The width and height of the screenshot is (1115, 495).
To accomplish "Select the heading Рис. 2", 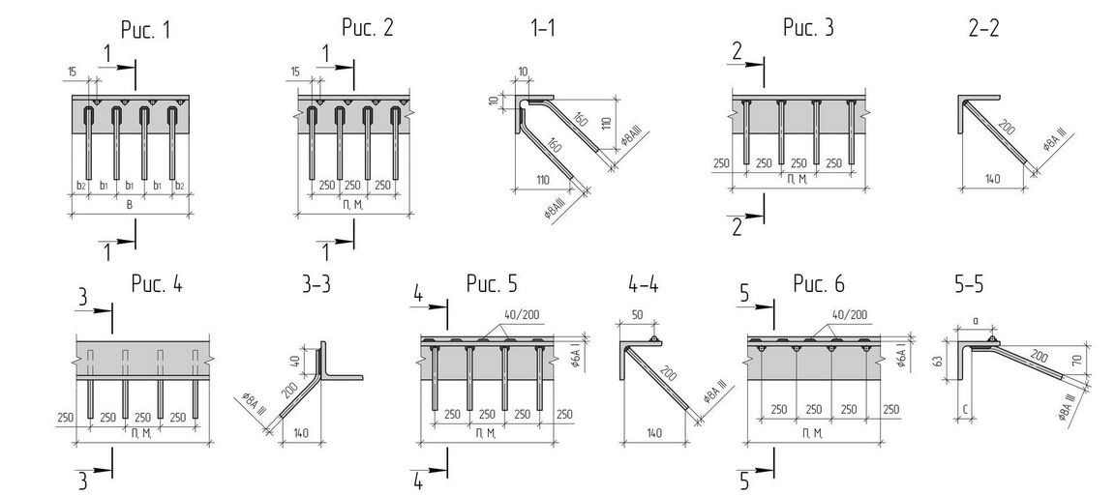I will [x=367, y=28].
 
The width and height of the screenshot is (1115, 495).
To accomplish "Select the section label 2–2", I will [x=983, y=28].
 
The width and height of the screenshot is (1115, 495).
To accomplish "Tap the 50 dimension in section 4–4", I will [x=638, y=316].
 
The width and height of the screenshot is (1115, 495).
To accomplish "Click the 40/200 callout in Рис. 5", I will [x=530, y=315].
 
